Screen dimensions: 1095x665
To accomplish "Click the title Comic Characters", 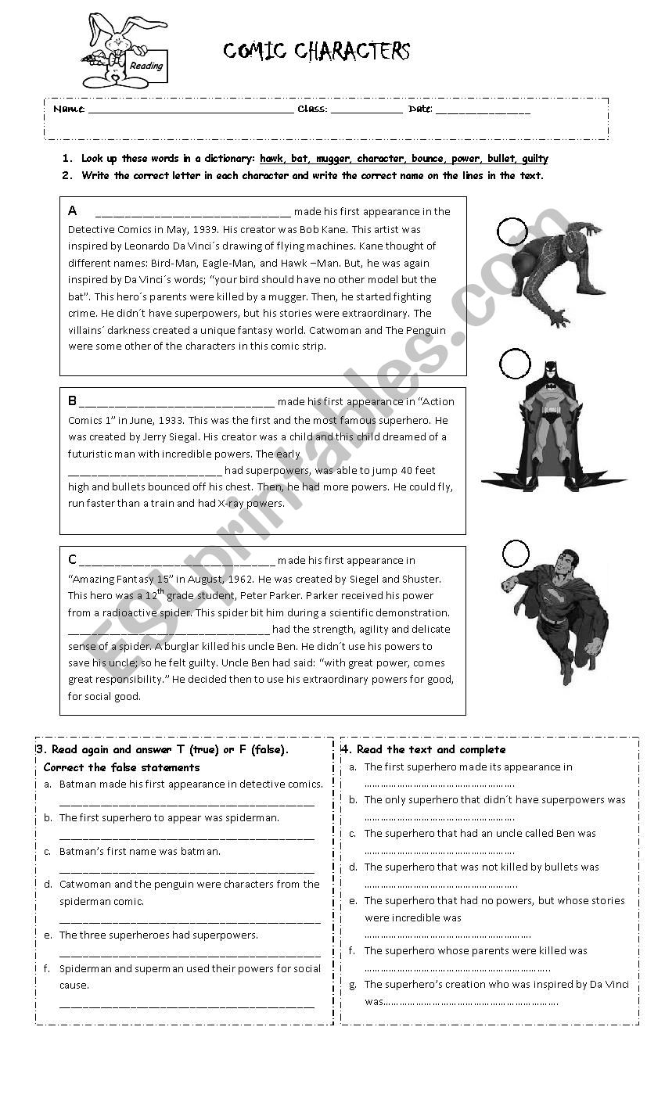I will (x=317, y=52).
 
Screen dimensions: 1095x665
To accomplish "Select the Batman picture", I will (x=552, y=426).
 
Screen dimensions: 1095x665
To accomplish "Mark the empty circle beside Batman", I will (x=514, y=363).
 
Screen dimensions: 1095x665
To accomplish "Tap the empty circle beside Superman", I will (x=516, y=554).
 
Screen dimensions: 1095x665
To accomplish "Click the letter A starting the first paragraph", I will (x=73, y=210).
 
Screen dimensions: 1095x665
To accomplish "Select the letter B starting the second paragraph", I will (x=73, y=401).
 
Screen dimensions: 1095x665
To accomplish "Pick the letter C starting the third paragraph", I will (x=73, y=560).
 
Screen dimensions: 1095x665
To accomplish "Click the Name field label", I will (x=69, y=109).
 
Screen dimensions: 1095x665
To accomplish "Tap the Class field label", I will (x=312, y=109).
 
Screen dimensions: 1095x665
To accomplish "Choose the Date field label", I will (x=420, y=109).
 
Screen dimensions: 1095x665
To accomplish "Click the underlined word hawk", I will (x=273, y=159).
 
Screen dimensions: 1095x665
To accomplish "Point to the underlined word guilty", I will (x=534, y=159).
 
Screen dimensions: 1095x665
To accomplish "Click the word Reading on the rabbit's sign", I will (x=147, y=66).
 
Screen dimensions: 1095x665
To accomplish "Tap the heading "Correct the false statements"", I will (x=122, y=767).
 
